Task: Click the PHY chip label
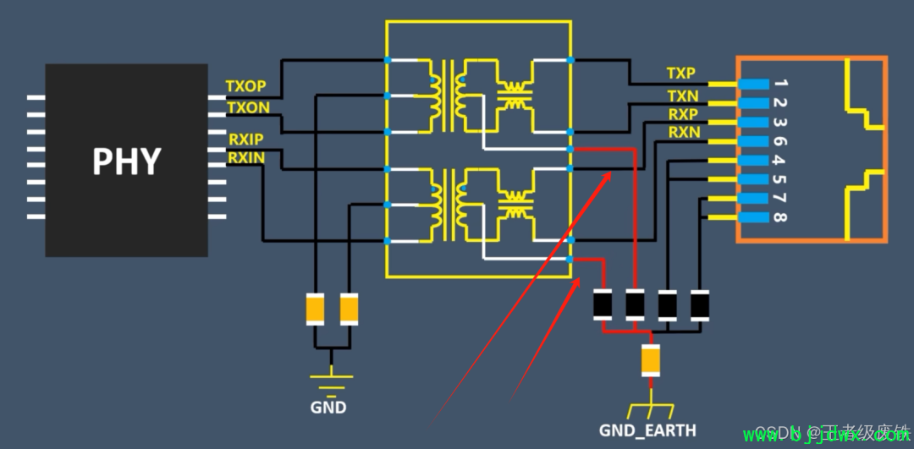pos(126,161)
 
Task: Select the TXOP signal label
pos(246,86)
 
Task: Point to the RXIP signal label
pos(246,138)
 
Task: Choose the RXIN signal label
pos(246,156)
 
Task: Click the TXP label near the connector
pos(681,74)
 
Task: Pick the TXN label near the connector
pos(682,96)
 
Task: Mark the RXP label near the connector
pos(683,114)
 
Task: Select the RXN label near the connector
pos(684,133)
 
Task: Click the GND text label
pos(328,408)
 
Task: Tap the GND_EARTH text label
pos(648,430)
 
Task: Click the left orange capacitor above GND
pos(315,309)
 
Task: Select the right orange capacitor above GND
pos(349,309)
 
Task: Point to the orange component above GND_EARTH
pos(651,360)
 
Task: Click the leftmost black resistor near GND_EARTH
pos(603,305)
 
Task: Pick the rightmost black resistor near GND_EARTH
pos(700,305)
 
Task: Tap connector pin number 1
pos(780,84)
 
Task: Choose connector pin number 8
pos(780,217)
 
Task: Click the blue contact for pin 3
pos(752,123)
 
